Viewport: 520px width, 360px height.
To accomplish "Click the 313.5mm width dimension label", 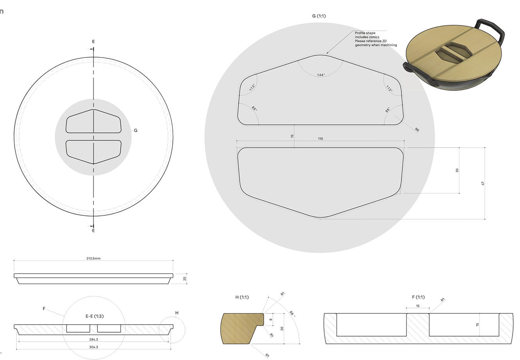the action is [x=93, y=258].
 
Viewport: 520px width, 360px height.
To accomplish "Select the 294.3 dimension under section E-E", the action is [x=93, y=339].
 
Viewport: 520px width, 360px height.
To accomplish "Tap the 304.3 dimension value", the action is [x=93, y=347].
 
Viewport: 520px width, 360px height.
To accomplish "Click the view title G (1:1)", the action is [x=319, y=16].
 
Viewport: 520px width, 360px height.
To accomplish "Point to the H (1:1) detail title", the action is [x=242, y=297].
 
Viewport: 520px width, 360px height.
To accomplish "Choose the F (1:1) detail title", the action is [x=418, y=297].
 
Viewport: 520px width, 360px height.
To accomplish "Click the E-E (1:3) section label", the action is [x=95, y=316].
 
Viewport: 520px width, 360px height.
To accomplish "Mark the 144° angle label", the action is [x=321, y=75].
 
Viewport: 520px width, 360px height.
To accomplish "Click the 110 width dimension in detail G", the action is [x=320, y=139].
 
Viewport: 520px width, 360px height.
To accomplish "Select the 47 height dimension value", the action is [x=483, y=184].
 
